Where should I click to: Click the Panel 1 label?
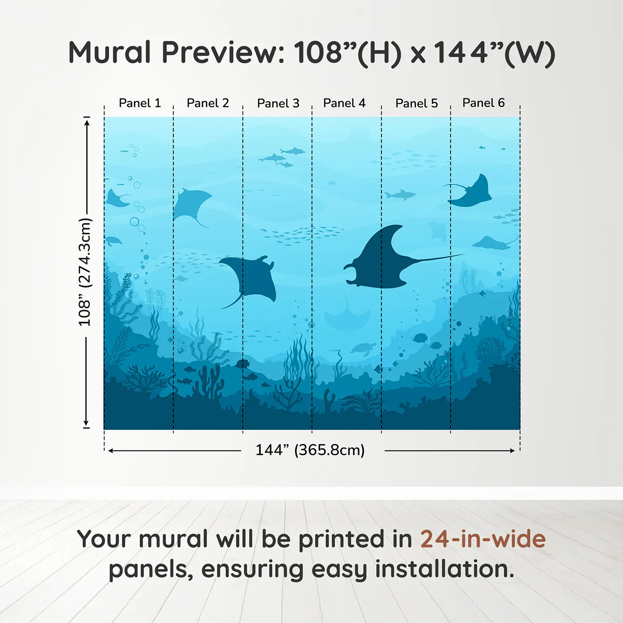click(139, 103)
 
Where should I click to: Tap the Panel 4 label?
click(344, 103)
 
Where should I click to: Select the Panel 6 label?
click(483, 103)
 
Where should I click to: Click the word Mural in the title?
click(109, 53)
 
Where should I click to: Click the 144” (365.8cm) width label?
click(310, 450)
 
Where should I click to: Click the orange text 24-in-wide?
click(483, 539)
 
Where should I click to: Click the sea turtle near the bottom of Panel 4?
click(363, 348)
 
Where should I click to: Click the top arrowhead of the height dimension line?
click(87, 121)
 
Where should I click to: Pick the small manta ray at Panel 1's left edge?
click(116, 199)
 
